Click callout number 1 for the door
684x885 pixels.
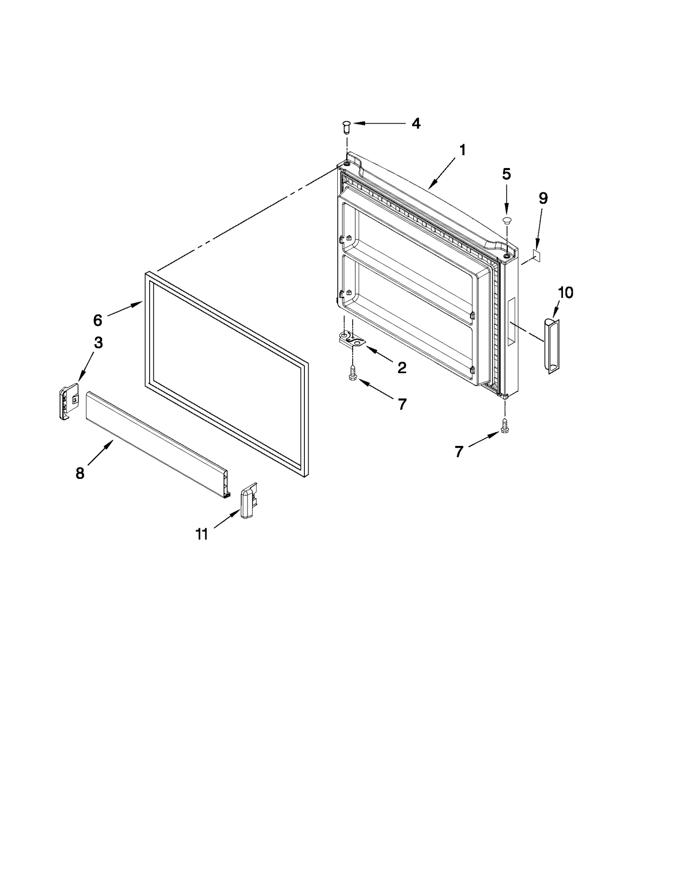(462, 150)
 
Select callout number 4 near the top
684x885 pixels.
(416, 124)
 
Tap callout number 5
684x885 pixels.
(506, 174)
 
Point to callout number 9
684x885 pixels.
(542, 198)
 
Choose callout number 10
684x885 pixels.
(565, 293)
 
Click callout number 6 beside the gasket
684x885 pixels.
(97, 320)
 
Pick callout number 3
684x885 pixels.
(98, 342)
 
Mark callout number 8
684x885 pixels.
(80, 473)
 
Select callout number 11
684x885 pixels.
(201, 534)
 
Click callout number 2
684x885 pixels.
(402, 368)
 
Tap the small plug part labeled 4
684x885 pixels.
(346, 127)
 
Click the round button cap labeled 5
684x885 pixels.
(507, 221)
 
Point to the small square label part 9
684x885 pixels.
(537, 256)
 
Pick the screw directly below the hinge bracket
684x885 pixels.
(353, 373)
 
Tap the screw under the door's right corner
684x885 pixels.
(505, 426)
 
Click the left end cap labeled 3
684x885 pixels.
(68, 402)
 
